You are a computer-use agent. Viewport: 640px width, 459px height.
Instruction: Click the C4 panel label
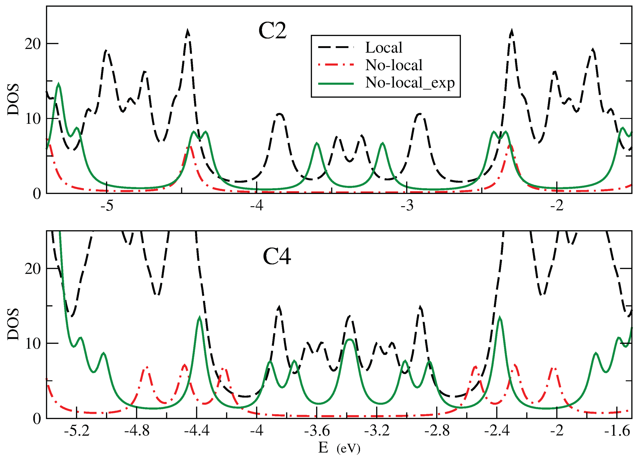277,257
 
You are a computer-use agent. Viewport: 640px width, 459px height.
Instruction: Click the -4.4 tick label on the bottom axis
197,431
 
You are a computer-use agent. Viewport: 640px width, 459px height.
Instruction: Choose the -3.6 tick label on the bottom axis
317,431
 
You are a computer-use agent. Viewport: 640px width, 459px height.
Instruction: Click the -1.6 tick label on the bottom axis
617,431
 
